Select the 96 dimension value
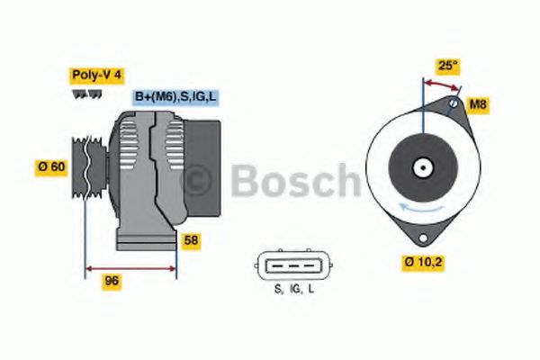click(112, 280)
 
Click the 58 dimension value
click(192, 240)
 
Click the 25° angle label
click(447, 65)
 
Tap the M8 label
click(479, 104)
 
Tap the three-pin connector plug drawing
click(292, 264)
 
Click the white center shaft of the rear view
click(420, 167)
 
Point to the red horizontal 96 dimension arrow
click(130, 267)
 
